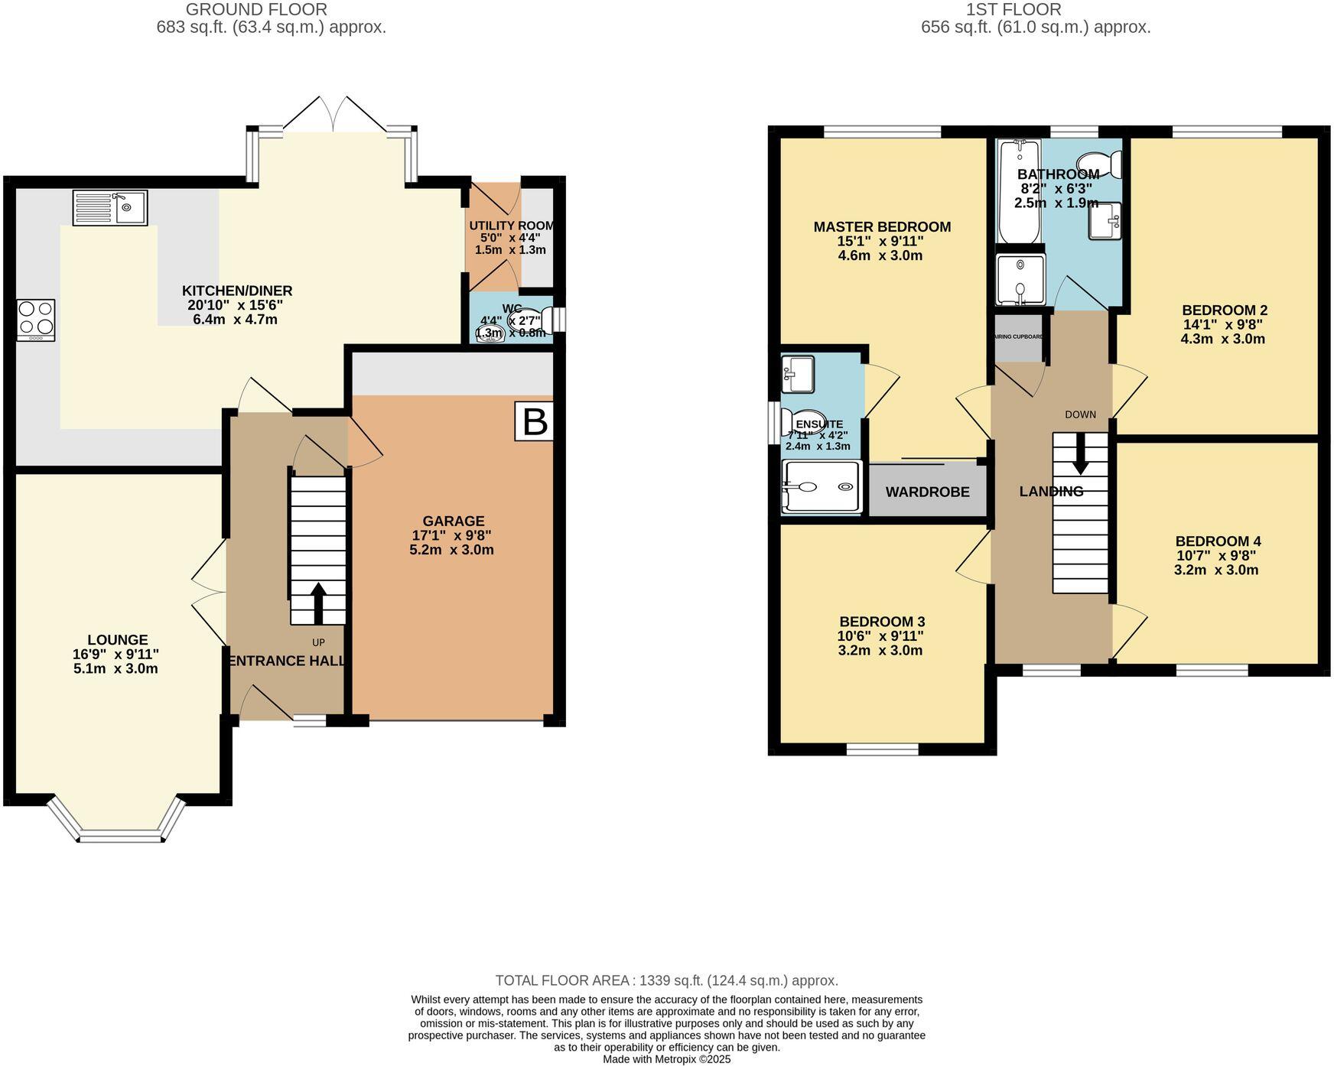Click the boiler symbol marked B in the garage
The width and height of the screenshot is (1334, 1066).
pyautogui.click(x=534, y=421)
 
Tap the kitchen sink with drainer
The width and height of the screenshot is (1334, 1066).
pyautogui.click(x=110, y=208)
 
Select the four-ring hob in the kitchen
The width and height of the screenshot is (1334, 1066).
pyautogui.click(x=36, y=320)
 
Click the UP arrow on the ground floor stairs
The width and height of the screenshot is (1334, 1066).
pyautogui.click(x=317, y=604)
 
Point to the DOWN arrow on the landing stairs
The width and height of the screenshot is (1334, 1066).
pyautogui.click(x=1080, y=454)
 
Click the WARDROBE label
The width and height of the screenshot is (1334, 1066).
pyautogui.click(x=927, y=492)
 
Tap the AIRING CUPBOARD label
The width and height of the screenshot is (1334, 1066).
pyautogui.click(x=1018, y=336)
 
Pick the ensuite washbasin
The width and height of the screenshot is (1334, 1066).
pyautogui.click(x=798, y=374)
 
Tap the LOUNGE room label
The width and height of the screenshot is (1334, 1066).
pyautogui.click(x=117, y=640)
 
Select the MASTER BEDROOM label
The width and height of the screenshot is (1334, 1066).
pyautogui.click(x=881, y=227)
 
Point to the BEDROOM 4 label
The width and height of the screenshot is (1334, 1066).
pyautogui.click(x=1217, y=541)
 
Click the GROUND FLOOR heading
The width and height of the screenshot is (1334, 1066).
pyautogui.click(x=256, y=10)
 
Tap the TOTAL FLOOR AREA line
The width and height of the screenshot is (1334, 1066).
pyautogui.click(x=666, y=980)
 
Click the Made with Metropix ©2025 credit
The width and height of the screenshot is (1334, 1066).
pyautogui.click(x=666, y=1059)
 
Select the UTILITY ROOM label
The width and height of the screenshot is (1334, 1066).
pyautogui.click(x=510, y=226)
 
